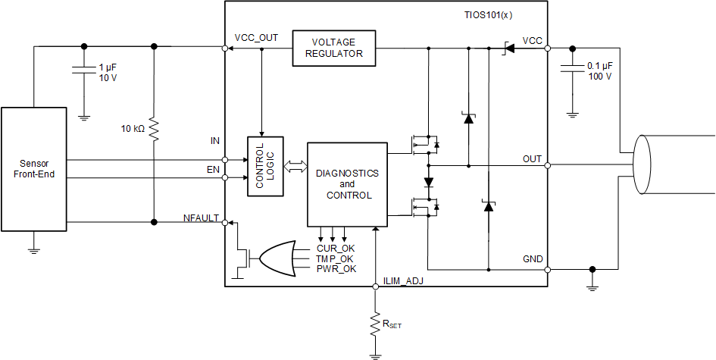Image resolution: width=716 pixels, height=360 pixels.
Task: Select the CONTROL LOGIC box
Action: click(265, 166)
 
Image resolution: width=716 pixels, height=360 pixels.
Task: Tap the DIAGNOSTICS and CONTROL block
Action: click(346, 184)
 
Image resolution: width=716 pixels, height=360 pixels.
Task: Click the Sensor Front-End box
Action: click(33, 169)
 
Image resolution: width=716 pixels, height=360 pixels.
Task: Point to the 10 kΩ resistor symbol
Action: click(154, 129)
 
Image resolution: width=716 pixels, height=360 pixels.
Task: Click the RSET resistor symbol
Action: click(375, 324)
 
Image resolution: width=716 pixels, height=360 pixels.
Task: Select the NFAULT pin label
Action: click(201, 218)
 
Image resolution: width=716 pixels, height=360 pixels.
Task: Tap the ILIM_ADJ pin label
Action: click(404, 281)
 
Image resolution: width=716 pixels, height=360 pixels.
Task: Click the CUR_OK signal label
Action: click(335, 248)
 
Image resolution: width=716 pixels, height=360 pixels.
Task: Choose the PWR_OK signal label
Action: click(335, 268)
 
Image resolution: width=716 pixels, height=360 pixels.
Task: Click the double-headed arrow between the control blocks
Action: click(295, 165)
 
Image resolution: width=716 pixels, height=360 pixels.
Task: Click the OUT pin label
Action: click(532, 159)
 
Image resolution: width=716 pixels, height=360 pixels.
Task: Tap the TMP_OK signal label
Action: click(335, 258)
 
